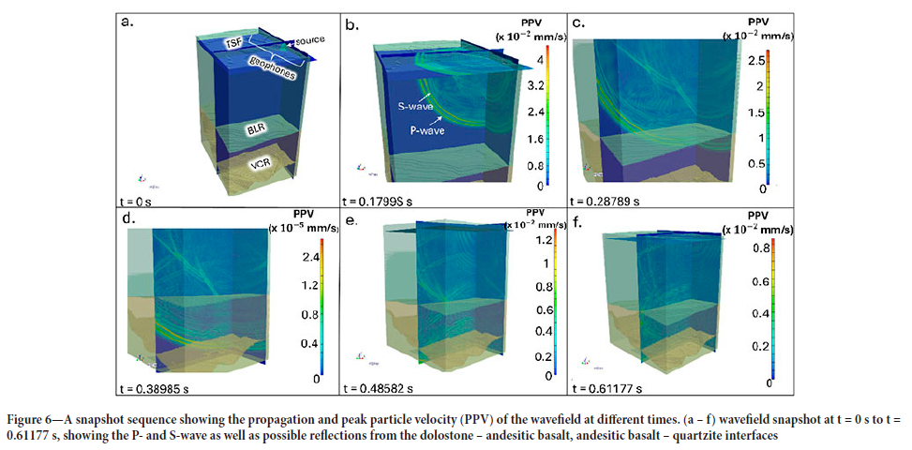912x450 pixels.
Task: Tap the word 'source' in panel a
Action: pos(310,42)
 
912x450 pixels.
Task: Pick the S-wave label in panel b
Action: pos(403,109)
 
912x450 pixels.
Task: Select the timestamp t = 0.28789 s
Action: pos(610,200)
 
